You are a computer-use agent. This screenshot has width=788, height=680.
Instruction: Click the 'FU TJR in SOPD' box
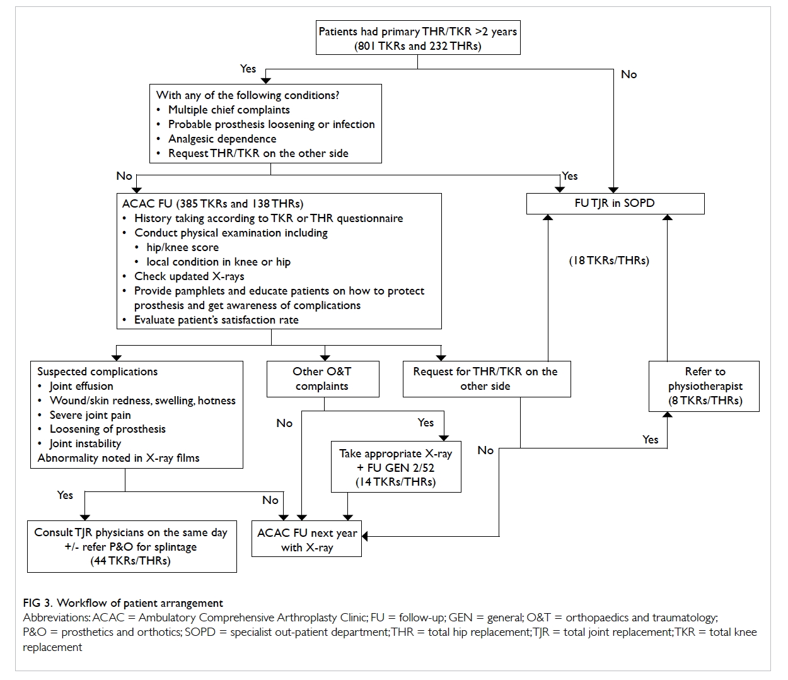(615, 204)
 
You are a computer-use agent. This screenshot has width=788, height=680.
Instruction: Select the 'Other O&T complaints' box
(323, 379)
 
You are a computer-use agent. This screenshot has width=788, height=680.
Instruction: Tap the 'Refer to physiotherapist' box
(704, 386)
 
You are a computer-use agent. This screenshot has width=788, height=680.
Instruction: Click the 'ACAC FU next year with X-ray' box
(306, 539)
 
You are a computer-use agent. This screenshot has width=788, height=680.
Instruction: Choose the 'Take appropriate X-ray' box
(396, 467)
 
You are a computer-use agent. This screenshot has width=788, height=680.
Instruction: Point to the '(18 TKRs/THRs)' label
(609, 261)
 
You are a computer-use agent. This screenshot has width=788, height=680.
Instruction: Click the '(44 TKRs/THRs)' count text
(130, 561)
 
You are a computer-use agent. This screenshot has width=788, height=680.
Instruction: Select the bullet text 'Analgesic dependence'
(223, 139)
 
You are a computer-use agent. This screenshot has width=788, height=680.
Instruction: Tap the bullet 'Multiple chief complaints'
(229, 110)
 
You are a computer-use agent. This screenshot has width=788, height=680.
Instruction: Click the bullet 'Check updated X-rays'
(189, 276)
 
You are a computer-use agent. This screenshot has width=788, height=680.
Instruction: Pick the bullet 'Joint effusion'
(81, 386)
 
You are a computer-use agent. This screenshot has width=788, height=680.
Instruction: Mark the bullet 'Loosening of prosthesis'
(108, 429)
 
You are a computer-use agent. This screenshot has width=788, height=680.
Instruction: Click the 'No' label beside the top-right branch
(629, 74)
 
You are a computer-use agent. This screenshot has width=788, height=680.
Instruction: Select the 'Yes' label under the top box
(248, 69)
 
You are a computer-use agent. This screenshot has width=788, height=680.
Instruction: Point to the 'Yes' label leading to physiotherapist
(650, 440)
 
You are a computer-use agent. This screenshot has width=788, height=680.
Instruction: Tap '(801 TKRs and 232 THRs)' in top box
(418, 46)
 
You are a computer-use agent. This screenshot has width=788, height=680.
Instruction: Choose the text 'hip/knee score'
(183, 247)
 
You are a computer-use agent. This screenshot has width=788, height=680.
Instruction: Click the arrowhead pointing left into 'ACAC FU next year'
(364, 537)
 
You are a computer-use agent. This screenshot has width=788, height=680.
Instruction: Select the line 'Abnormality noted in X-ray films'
(118, 458)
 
